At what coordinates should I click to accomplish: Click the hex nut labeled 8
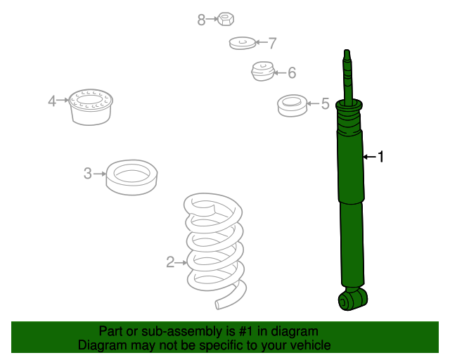point(226,19)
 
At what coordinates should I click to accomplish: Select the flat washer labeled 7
point(242,43)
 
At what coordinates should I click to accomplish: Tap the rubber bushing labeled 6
point(262,71)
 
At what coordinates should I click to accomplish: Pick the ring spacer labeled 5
point(292,105)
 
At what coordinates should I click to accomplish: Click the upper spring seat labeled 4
point(91,107)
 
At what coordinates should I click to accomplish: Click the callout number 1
point(380,157)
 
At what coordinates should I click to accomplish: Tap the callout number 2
point(170,262)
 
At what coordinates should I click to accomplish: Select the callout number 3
point(88,174)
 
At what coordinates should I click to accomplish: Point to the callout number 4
point(52,101)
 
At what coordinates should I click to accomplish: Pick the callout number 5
point(325,103)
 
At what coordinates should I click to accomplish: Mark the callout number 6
point(292,72)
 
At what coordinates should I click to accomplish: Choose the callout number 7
point(272,43)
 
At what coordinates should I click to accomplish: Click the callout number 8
point(202,20)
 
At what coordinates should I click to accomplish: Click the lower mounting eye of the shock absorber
point(353,299)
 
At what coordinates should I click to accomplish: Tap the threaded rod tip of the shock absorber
point(347,55)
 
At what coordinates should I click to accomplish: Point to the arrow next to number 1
point(370,157)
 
